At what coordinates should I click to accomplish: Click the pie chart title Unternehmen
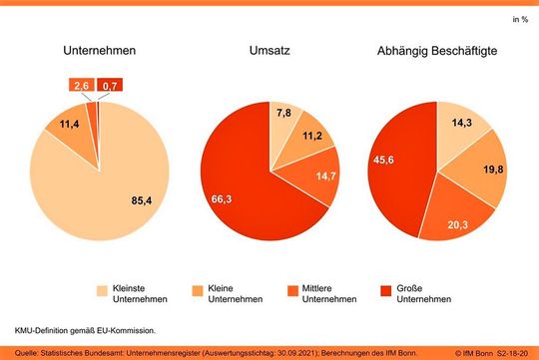coord(99,50)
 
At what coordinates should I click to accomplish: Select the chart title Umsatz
coord(270,50)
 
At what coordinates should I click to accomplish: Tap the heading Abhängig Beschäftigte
coord(436,50)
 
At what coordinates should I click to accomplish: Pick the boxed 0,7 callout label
coord(112,87)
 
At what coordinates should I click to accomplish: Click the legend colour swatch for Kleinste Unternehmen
coord(102,291)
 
